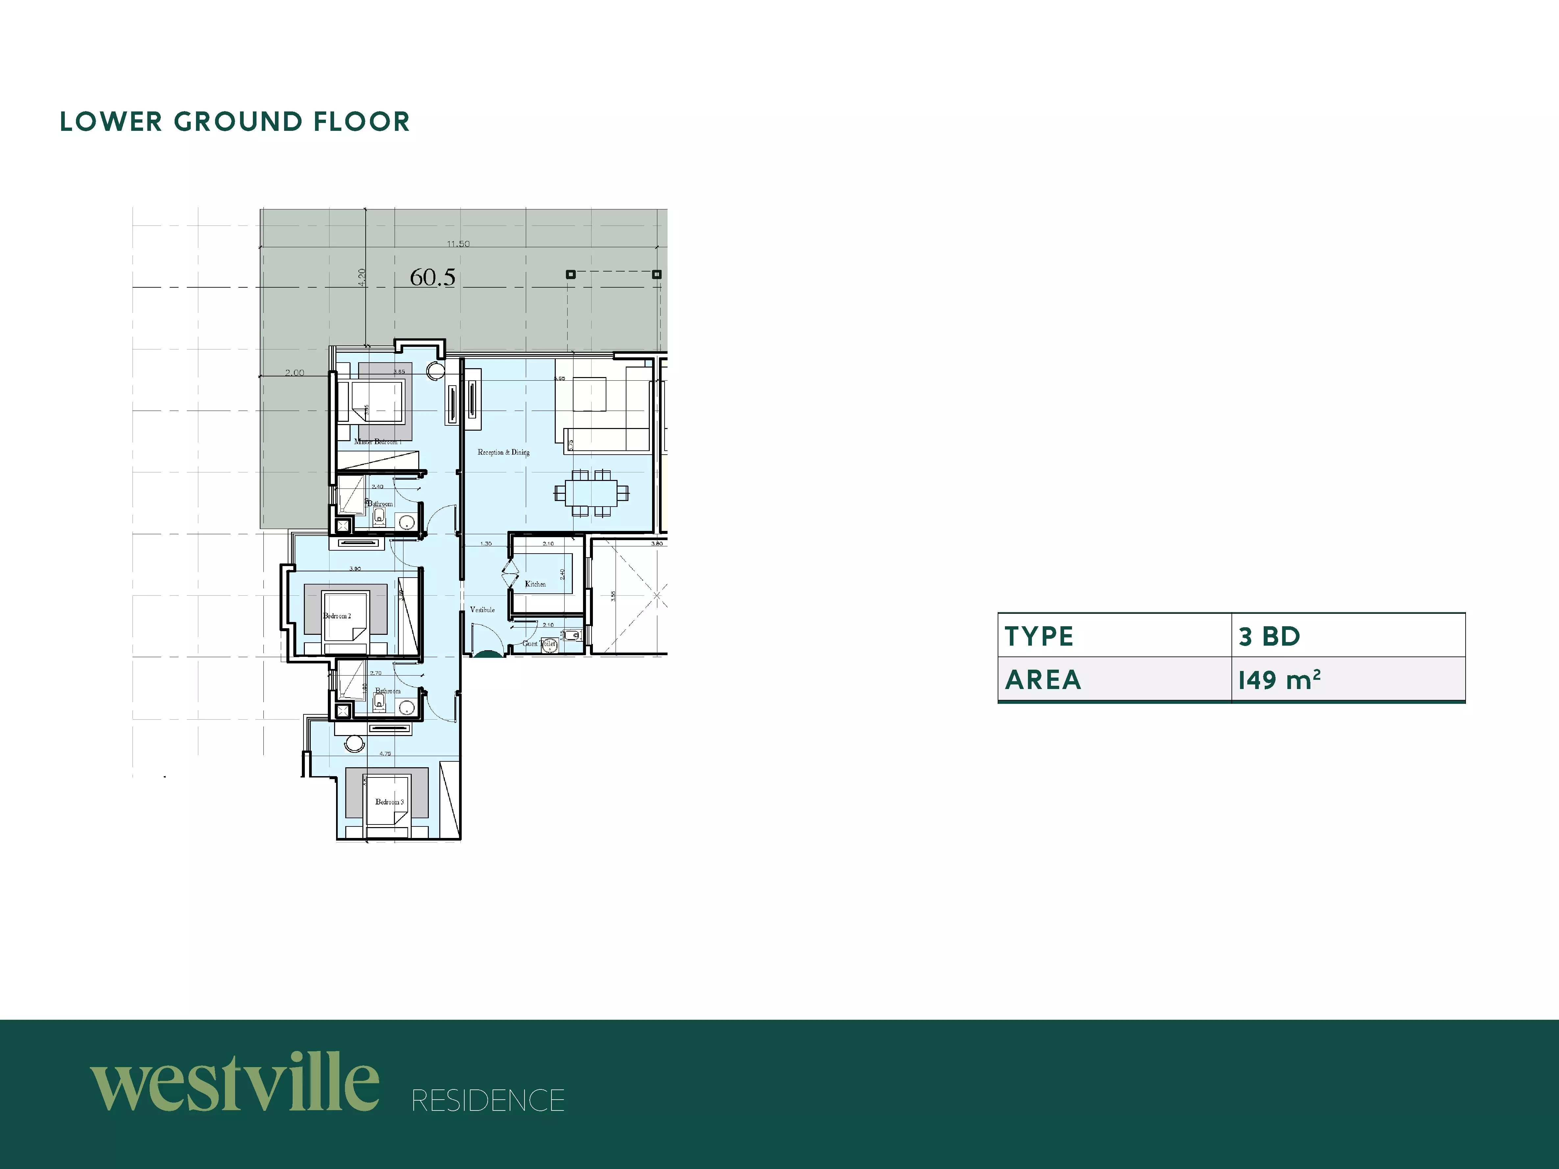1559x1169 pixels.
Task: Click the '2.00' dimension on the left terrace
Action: pyautogui.click(x=295, y=373)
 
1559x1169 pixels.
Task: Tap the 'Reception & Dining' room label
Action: pyautogui.click(x=503, y=452)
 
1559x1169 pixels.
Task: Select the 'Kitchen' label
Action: pyautogui.click(x=535, y=584)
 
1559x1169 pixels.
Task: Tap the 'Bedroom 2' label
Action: pyautogui.click(x=337, y=616)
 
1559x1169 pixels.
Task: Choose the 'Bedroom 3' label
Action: pyautogui.click(x=389, y=802)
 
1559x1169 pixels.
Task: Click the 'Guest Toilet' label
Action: pyautogui.click(x=539, y=643)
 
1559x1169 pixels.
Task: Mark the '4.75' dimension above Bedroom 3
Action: pyautogui.click(x=385, y=753)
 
